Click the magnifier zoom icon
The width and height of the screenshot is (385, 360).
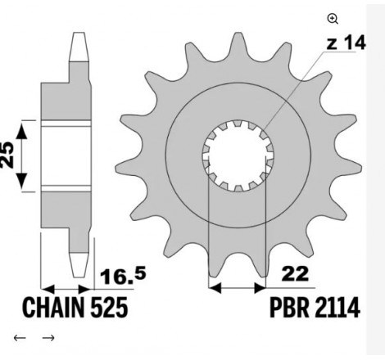[x=333, y=19]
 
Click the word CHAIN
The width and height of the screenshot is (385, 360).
[x=49, y=310]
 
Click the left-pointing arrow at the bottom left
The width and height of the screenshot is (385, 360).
[x=19, y=338]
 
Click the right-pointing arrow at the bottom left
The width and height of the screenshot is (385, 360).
[x=48, y=338]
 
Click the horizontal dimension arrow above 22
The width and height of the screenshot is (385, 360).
[x=238, y=288]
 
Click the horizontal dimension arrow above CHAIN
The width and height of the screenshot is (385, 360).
[x=67, y=288]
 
